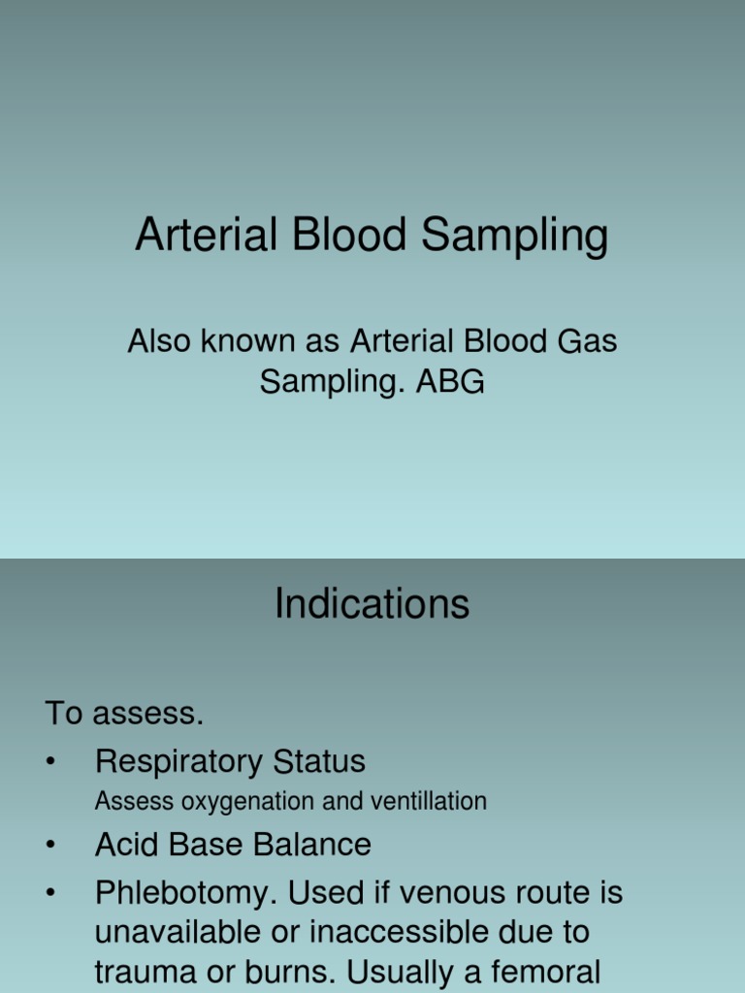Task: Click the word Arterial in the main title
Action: coord(203,236)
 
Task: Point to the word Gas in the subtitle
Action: coord(586,341)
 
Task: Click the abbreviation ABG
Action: coord(449,382)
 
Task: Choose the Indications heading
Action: coord(372,604)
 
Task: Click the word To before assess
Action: coord(64,714)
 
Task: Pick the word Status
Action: coord(316,761)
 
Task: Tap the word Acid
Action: coord(126,845)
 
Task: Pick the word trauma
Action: coord(142,971)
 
